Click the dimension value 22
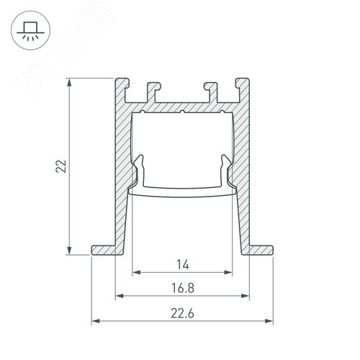click(61, 166)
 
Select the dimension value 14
click(183, 265)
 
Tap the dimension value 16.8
click(183, 288)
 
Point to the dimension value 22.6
click(183, 313)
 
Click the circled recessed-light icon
click(30, 30)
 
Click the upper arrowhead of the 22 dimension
click(69, 82)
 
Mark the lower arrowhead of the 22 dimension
click(69, 251)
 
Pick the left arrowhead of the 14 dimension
click(136, 272)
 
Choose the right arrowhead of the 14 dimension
click(228, 272)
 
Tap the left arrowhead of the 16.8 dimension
click(120, 296)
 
